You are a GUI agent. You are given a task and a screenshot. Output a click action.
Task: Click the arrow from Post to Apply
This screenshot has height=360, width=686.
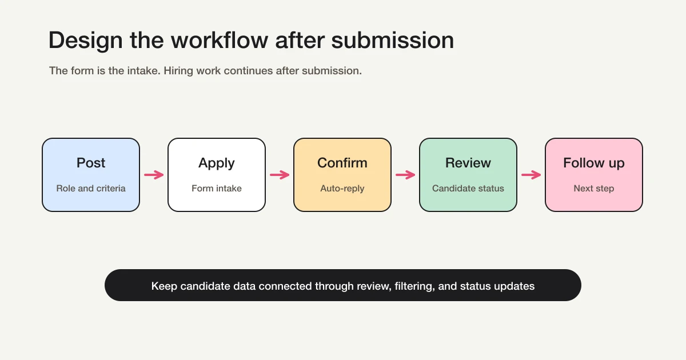tap(154, 175)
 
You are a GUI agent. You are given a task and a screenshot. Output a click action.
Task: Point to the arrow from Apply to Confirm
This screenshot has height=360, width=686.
tap(280, 175)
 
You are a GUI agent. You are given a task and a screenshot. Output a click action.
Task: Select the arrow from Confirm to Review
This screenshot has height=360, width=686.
tap(405, 175)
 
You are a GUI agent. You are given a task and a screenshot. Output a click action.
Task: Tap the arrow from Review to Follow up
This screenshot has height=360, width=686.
tap(531, 175)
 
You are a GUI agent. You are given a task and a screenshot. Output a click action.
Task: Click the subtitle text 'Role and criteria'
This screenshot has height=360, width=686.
tap(91, 189)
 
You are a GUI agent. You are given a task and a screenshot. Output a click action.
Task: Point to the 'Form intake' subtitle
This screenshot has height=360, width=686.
tap(217, 189)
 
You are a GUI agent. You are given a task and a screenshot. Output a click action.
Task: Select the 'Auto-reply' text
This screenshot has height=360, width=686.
tap(342, 189)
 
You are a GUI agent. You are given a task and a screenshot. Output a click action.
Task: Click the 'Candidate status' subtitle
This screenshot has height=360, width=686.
tap(468, 189)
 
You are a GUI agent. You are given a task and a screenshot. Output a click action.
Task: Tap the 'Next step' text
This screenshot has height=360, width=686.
tap(594, 189)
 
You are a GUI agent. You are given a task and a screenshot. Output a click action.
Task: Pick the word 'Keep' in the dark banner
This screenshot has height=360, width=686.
tap(164, 286)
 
